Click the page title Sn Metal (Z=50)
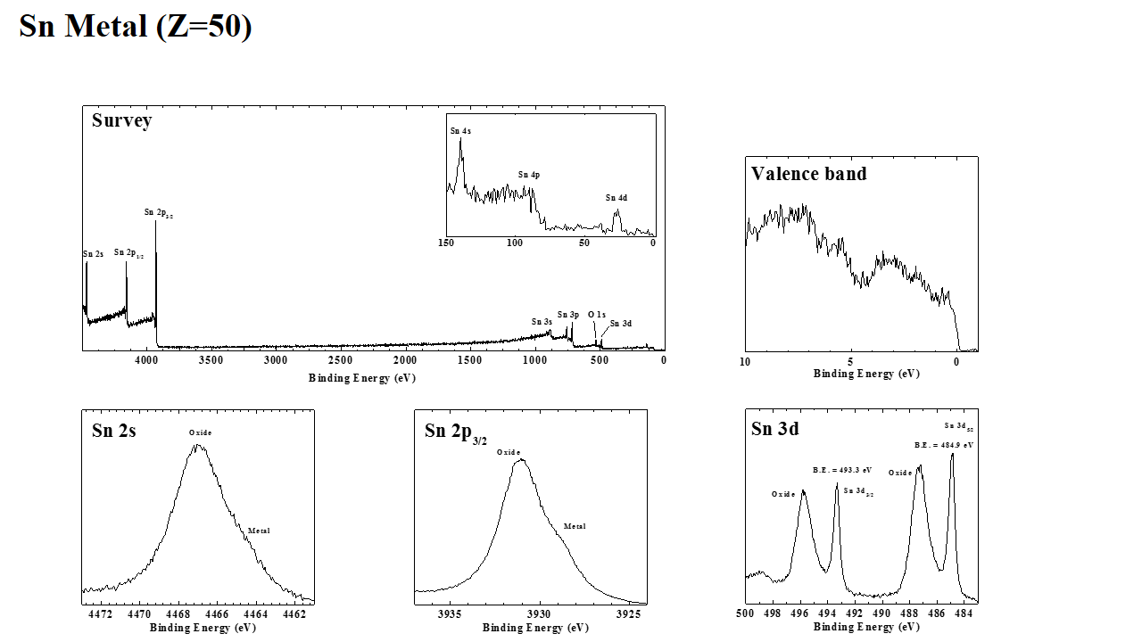tap(136, 27)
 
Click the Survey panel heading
tap(121, 120)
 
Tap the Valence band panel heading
tap(808, 174)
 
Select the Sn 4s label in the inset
tap(460, 131)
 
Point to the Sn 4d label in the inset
tap(616, 198)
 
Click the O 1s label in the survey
tap(596, 315)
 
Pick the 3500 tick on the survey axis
tap(211, 359)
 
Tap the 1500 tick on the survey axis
tap(469, 359)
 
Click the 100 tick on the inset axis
tap(515, 243)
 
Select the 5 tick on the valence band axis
tap(850, 362)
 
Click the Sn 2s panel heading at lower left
tap(114, 431)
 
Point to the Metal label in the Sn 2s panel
tap(259, 531)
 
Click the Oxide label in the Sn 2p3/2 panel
tap(509, 452)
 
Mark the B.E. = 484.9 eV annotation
tap(944, 444)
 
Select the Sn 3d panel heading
tap(774, 429)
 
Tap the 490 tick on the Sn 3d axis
tap(881, 613)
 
